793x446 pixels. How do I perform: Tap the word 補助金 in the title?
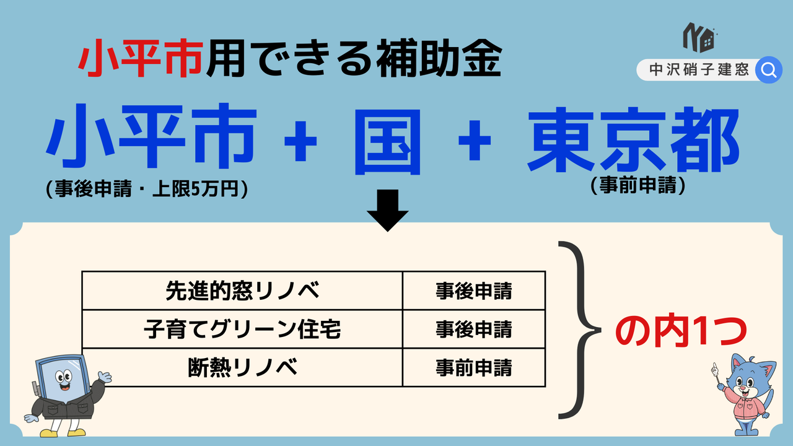pyautogui.click(x=439, y=58)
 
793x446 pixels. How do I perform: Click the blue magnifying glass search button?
pyautogui.click(x=769, y=70)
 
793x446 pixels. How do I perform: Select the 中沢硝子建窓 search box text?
pyautogui.click(x=699, y=70)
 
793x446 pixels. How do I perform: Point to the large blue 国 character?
pyautogui.click(x=388, y=142)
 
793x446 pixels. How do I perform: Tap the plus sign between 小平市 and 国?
pyautogui.click(x=300, y=141)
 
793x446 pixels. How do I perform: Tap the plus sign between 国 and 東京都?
pyautogui.click(x=475, y=141)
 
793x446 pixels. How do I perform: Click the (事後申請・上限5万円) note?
pyautogui.click(x=147, y=189)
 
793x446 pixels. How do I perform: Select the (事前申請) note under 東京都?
pyautogui.click(x=638, y=185)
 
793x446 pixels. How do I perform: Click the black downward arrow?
pyautogui.click(x=388, y=211)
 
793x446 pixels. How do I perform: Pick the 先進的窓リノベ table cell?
pyautogui.click(x=242, y=291)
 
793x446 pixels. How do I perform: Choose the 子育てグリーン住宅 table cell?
pyautogui.click(x=242, y=329)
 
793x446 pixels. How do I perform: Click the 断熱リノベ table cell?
pyautogui.click(x=242, y=367)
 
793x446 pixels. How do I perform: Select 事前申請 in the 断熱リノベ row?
pyautogui.click(x=474, y=367)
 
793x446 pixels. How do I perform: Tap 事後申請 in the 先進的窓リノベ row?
pyautogui.click(x=474, y=291)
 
